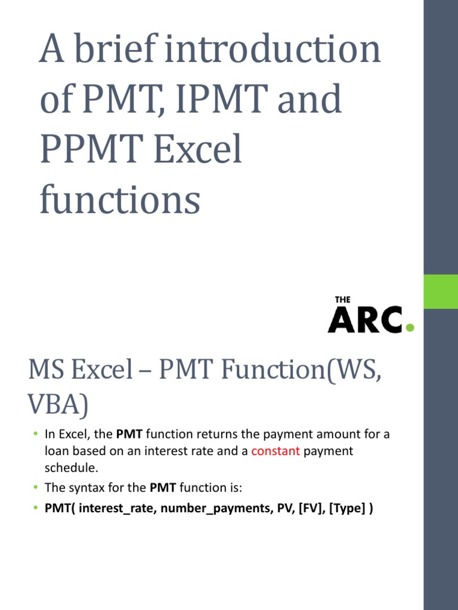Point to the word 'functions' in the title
(x=119, y=200)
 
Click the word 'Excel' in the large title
(x=198, y=150)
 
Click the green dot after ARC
(x=409, y=327)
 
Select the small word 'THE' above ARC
(x=342, y=300)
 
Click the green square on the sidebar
(x=441, y=291)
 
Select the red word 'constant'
(x=276, y=451)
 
